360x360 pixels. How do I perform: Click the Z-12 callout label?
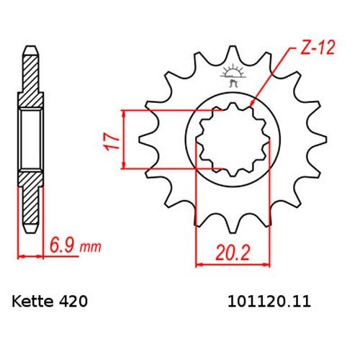[x=318, y=48]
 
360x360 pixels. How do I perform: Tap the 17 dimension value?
[x=112, y=140]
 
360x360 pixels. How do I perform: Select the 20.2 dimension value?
[x=233, y=253]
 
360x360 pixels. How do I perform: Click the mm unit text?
[x=90, y=247]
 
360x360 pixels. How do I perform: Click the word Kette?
[x=32, y=302]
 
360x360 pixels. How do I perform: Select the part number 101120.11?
[x=269, y=302]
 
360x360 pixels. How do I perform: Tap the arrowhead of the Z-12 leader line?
[x=251, y=104]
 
